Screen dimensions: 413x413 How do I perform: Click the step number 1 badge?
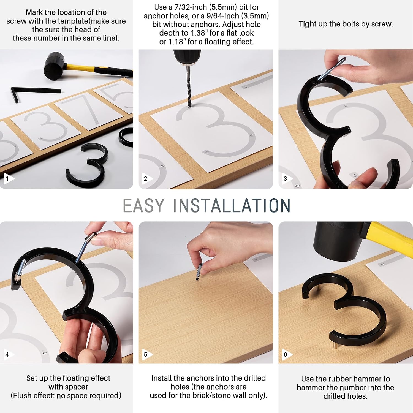8,178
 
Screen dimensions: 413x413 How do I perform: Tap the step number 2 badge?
147,178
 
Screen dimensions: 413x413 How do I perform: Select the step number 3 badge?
286,178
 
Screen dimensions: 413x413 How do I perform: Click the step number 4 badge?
8,354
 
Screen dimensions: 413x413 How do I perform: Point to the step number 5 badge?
147,354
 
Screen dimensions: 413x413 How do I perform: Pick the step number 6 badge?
286,354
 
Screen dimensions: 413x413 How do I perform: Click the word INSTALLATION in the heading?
232,205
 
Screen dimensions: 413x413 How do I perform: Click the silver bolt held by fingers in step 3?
332,69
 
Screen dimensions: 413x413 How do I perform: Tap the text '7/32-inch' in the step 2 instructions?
190,7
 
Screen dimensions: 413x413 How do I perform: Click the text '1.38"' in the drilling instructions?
199,33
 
